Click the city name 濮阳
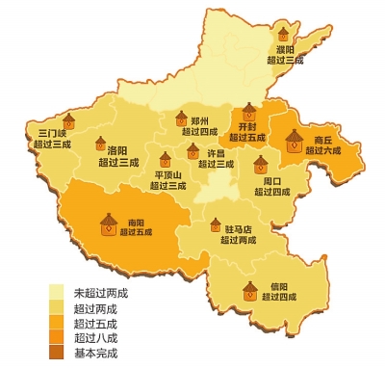(285, 48)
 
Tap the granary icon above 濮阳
(284, 31)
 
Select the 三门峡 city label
(53, 133)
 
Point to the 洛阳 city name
(118, 150)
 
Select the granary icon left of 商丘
(295, 144)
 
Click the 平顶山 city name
(170, 174)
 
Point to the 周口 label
(272, 180)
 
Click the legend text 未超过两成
(101, 292)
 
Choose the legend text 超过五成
(95, 324)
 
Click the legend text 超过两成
(95, 308)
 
